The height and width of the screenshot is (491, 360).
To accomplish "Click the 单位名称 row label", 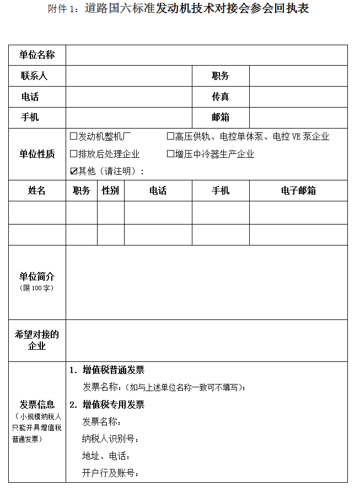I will tap(37, 55).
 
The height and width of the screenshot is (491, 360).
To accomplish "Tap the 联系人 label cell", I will tap(34, 76).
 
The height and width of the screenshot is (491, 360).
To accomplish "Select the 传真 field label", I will tap(221, 97).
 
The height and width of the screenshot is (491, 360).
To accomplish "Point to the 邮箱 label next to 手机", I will tap(221, 117).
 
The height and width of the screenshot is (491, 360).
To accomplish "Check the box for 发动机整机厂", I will tap(73, 136).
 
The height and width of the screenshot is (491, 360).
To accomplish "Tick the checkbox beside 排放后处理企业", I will tap(73, 154).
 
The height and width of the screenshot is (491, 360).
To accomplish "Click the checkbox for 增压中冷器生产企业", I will tap(170, 154).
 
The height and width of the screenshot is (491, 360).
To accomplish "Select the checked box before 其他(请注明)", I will tap(73, 171).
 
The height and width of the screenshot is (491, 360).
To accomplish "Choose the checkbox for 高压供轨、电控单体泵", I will tap(170, 136).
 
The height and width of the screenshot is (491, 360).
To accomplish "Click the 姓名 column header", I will tap(37, 190).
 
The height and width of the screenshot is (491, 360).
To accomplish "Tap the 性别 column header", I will tap(110, 190).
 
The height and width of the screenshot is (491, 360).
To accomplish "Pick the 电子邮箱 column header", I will tap(298, 190).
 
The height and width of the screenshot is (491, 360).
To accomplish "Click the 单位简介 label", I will tap(37, 276).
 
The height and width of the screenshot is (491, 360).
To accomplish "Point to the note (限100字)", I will tap(37, 288).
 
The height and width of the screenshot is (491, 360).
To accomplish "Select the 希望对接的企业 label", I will tap(37, 340).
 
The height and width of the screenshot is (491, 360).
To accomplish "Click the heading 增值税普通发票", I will tap(114, 370).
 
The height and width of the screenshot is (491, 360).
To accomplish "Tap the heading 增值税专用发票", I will tap(114, 404).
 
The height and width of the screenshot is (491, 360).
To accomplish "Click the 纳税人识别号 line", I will tap(110, 439).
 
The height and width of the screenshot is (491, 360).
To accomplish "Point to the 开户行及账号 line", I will tap(110, 473).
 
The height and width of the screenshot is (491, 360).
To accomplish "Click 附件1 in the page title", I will tap(64, 9).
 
